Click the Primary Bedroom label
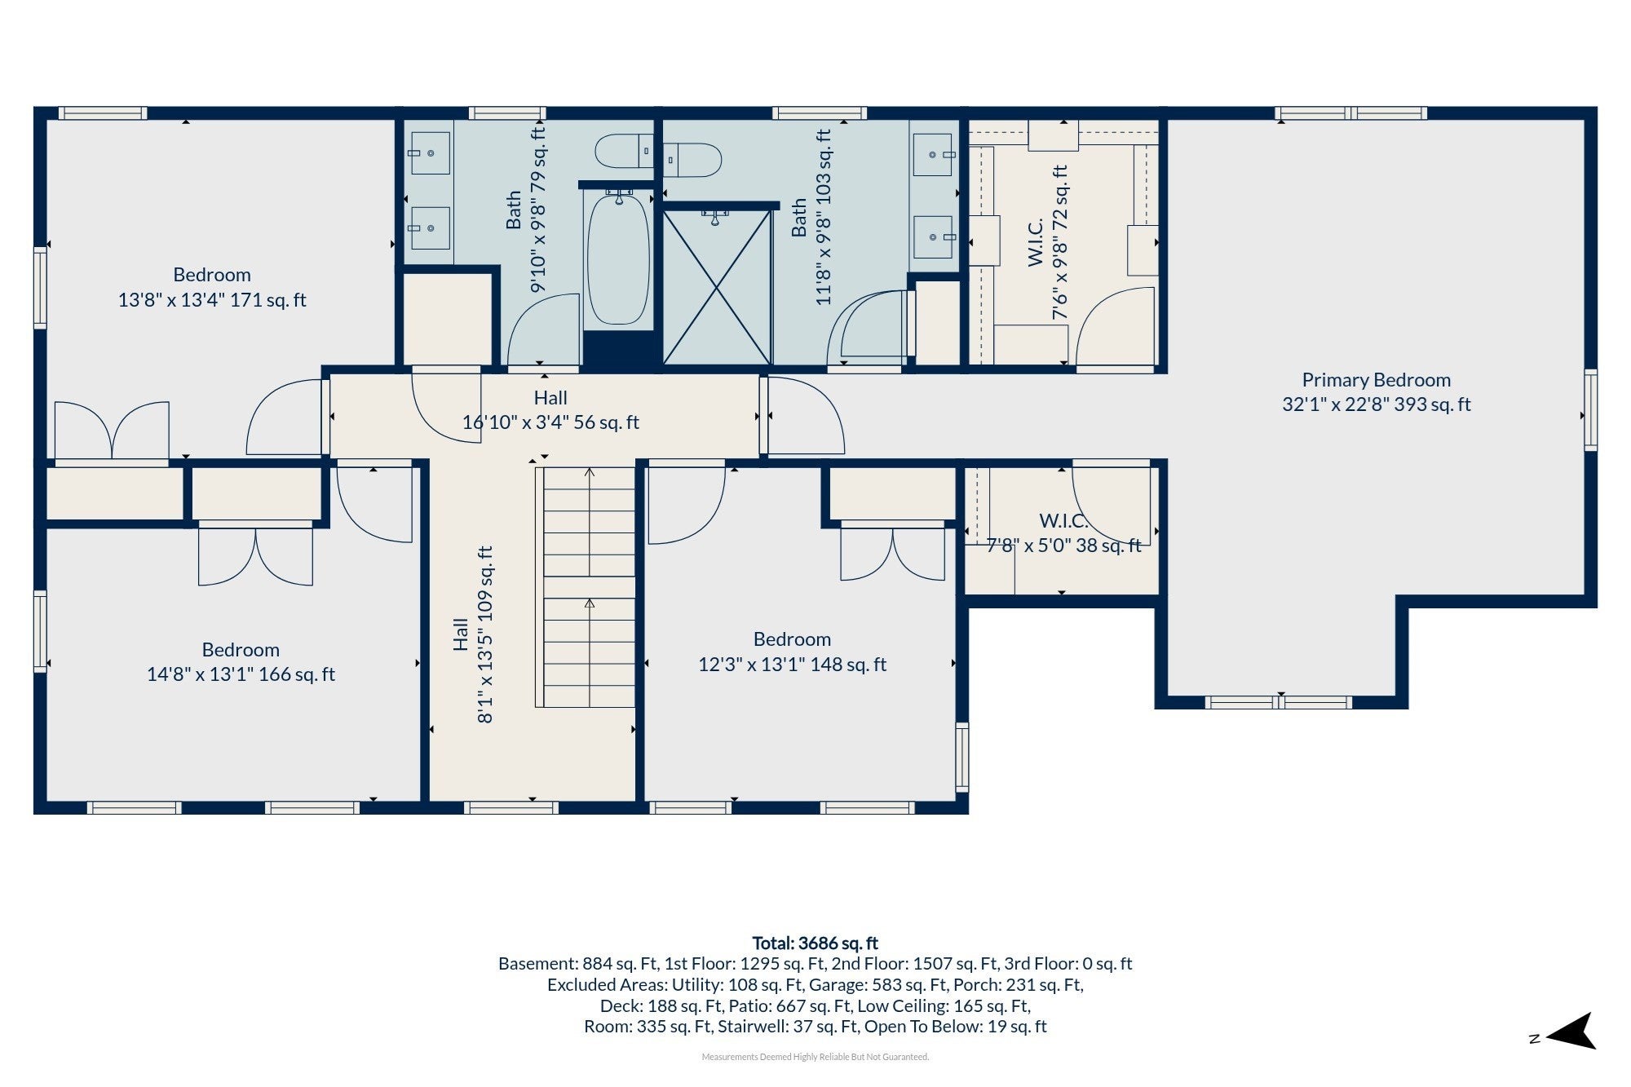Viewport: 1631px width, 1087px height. pyautogui.click(x=1377, y=391)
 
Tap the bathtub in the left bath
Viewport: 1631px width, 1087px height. pyautogui.click(x=619, y=258)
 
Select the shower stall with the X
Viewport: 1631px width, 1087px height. pyautogui.click(x=716, y=286)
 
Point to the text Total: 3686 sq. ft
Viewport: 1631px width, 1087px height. pyautogui.click(x=815, y=943)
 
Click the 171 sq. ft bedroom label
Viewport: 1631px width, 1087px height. pyautogui.click(x=212, y=287)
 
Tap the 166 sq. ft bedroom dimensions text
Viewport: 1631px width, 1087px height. pyautogui.click(x=241, y=674)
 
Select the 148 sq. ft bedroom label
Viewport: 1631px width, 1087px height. pyautogui.click(x=792, y=652)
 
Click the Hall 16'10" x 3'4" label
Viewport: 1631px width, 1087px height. pyautogui.click(x=550, y=410)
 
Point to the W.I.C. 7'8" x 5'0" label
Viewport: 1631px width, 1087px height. pyautogui.click(x=1063, y=533)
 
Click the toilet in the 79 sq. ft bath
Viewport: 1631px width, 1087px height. pyautogui.click(x=625, y=151)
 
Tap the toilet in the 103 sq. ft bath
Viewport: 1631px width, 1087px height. pyautogui.click(x=692, y=160)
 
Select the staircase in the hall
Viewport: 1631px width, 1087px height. pyautogui.click(x=585, y=587)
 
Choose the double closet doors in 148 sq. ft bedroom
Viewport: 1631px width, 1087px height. pyautogui.click(x=893, y=555)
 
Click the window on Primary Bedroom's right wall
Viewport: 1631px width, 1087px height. pyautogui.click(x=1590, y=409)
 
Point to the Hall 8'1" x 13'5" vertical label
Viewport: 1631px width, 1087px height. pyautogui.click(x=473, y=634)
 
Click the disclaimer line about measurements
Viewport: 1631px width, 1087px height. pyautogui.click(x=815, y=1057)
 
